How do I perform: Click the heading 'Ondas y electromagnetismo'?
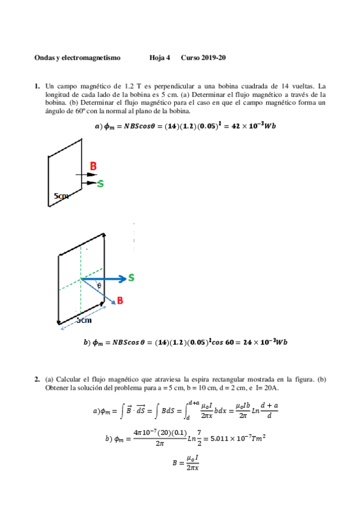tap(78, 58)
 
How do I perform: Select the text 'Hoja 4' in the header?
tap(160, 58)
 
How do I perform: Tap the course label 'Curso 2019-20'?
tap(203, 58)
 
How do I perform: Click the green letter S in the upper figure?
tap(100, 183)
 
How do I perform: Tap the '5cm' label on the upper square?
tap(61, 196)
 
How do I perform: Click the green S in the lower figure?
tap(130, 277)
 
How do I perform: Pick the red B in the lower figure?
tap(120, 300)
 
